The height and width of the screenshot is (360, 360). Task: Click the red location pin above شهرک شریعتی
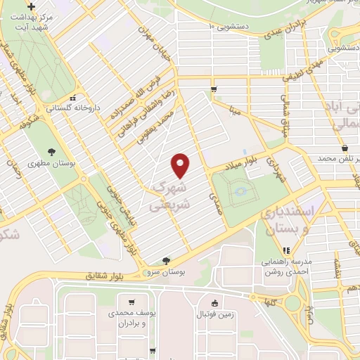pyautogui.click(x=181, y=165)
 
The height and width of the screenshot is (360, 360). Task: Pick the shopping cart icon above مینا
pyautogui.click(x=213, y=89)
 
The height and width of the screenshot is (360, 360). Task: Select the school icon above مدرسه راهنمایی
pyautogui.click(x=285, y=250)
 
